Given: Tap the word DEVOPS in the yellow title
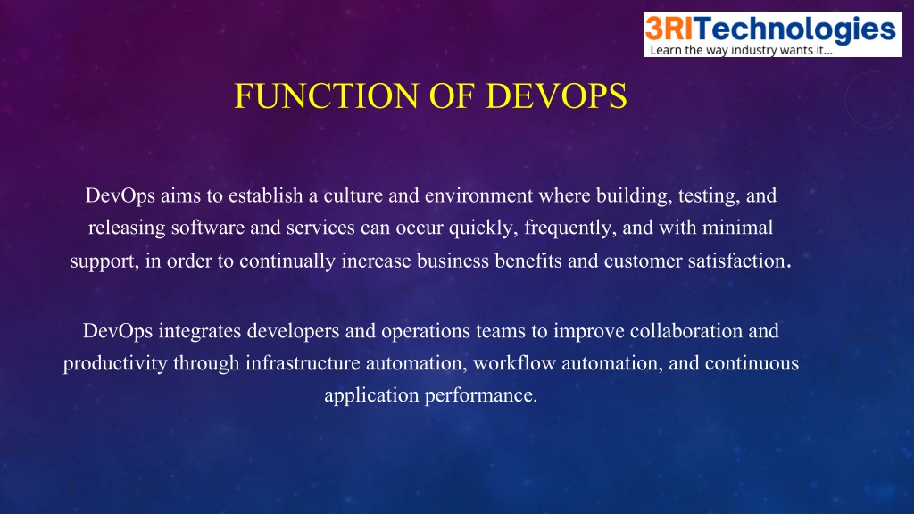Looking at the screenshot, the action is [x=556, y=96].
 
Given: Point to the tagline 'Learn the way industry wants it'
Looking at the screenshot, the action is [x=741, y=50].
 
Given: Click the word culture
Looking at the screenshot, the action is [x=353, y=195].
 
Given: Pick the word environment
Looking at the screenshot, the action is [x=478, y=195].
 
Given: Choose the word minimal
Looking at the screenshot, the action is [x=737, y=228].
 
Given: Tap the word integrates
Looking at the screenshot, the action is [x=200, y=332].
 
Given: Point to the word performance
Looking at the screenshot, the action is [x=480, y=395].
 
